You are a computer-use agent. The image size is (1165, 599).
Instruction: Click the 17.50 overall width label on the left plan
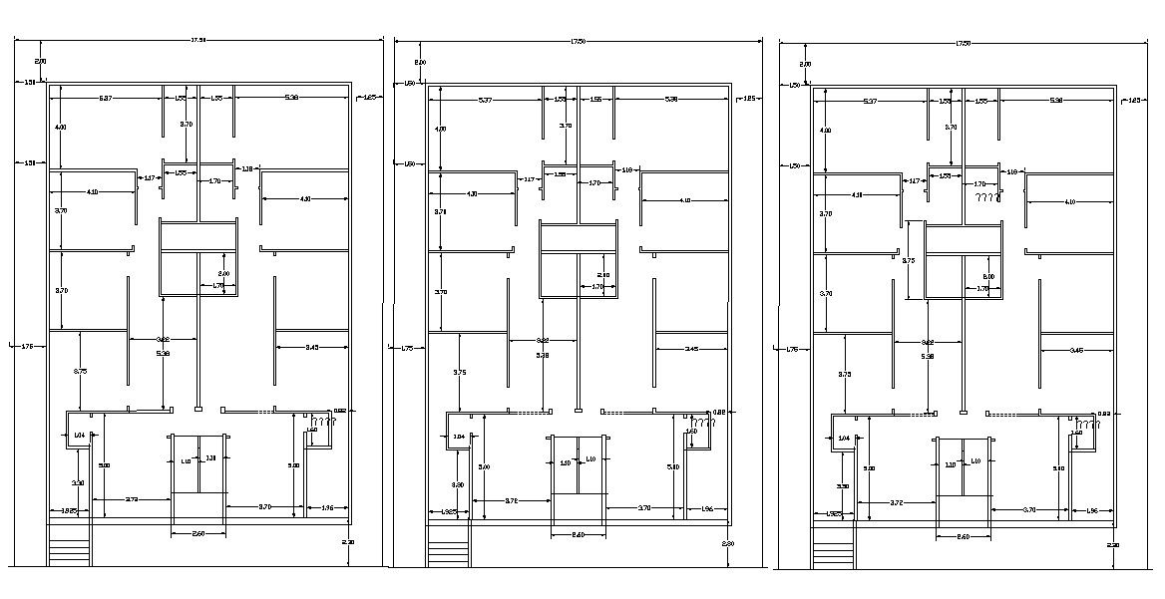[197, 41]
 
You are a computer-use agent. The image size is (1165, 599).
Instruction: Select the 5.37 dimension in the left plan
[105, 98]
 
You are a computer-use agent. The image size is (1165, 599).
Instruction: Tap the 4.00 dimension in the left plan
[61, 128]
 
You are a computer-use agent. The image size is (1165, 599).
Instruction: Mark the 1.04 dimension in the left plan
[79, 435]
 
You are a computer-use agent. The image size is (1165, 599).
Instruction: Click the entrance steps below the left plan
[69, 552]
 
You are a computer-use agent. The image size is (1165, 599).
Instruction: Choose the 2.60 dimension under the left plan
[197, 534]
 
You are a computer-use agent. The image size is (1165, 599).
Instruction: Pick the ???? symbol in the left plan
[324, 422]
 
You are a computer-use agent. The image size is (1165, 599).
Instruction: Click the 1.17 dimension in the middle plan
[530, 179]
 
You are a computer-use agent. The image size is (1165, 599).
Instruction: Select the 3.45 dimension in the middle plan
[691, 349]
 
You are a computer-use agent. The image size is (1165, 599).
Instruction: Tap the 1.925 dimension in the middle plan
[449, 511]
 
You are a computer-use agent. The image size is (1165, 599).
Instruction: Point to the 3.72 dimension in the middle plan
[511, 500]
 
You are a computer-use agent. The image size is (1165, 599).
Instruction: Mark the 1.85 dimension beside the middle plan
[750, 98]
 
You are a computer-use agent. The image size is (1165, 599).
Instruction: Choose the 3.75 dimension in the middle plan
[459, 372]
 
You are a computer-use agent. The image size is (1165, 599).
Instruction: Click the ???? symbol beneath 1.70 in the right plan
[987, 197]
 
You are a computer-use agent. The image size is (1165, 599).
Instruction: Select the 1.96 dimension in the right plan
[1092, 510]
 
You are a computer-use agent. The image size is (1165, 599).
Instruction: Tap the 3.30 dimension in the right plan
[843, 486]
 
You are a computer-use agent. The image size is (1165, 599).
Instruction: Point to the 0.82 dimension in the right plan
[1104, 413]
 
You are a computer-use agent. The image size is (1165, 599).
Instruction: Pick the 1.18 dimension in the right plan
[1011, 171]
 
